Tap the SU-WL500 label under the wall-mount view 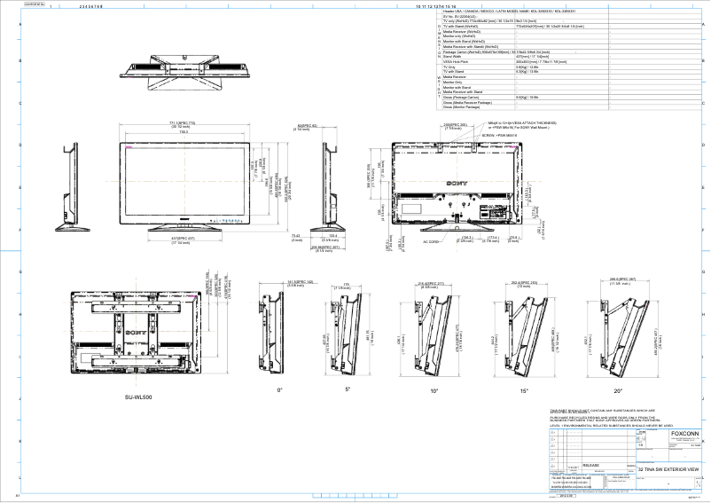click(138, 397)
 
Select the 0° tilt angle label click(279, 389)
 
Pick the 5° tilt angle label click(348, 389)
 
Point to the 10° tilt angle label click(434, 389)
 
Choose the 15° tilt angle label click(525, 389)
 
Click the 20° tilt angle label click(619, 389)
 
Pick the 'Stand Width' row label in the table click(457, 57)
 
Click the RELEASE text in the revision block click(590, 464)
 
